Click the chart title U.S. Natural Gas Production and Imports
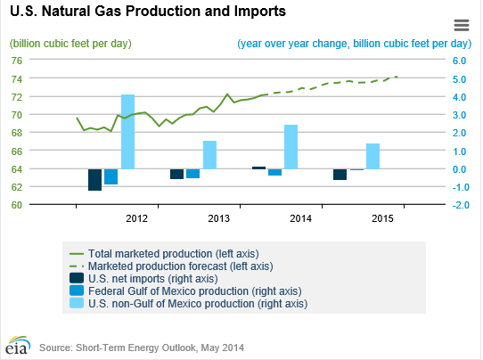pos(146,12)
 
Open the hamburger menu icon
pos(461,25)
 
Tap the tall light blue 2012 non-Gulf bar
pos(127,131)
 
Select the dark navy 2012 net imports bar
pos(94,179)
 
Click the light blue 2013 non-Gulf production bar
pos(209,154)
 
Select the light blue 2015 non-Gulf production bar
pos(372,156)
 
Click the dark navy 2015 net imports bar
pos(340,174)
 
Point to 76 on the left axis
pos(16,61)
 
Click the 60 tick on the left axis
pos(16,204)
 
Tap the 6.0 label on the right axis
pos(460,61)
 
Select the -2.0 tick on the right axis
pos(460,204)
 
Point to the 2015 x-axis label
pos(382,218)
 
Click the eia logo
pos(17,343)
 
